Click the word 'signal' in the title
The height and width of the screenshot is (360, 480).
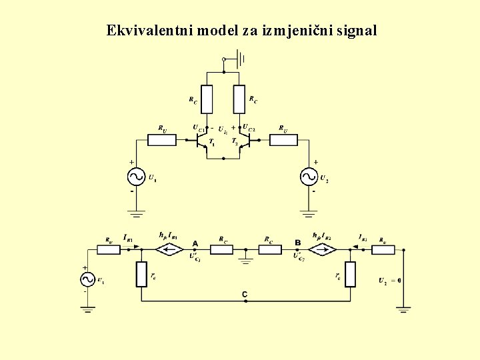pyautogui.click(x=358, y=31)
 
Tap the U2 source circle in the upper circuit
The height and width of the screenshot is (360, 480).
pyautogui.click(x=309, y=177)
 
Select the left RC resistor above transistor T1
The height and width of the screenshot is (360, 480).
pyautogui.click(x=207, y=99)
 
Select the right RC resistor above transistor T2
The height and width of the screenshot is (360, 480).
pyautogui.click(x=240, y=99)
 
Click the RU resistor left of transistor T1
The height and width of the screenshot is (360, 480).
pyautogui.click(x=162, y=140)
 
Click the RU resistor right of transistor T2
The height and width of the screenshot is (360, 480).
pyautogui.click(x=283, y=140)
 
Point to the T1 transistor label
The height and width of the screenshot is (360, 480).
pyautogui.click(x=211, y=142)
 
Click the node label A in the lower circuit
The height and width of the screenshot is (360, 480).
pyautogui.click(x=195, y=243)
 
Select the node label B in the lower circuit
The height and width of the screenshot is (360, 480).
pyautogui.click(x=297, y=243)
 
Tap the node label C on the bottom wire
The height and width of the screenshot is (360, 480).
pyautogui.click(x=245, y=293)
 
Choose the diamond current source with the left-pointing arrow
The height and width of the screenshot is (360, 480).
pyautogui.click(x=169, y=250)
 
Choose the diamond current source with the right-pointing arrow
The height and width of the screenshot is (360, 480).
pyautogui.click(x=324, y=250)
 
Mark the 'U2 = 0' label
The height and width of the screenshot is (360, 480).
pyautogui.click(x=389, y=281)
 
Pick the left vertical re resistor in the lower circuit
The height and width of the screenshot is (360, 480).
pyautogui.click(x=141, y=274)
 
